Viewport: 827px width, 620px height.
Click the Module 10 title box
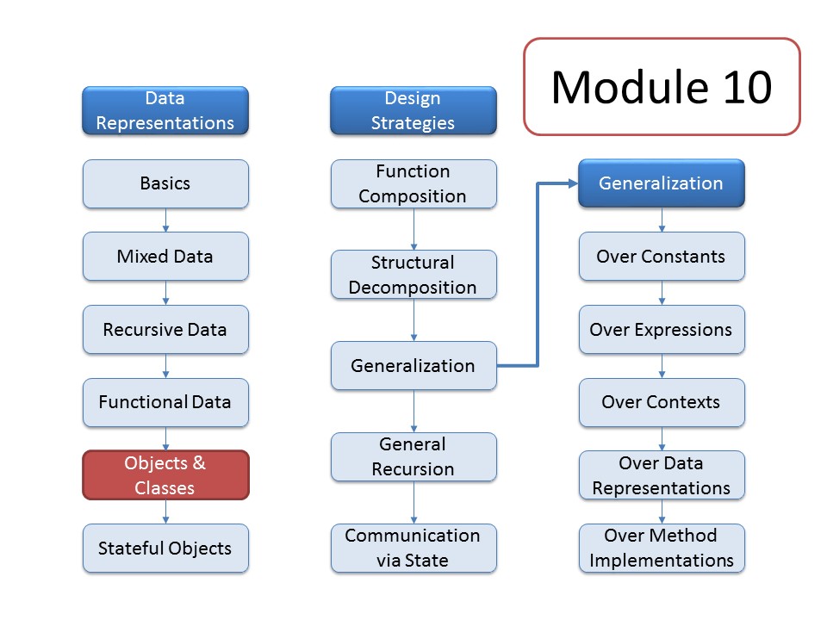(x=662, y=86)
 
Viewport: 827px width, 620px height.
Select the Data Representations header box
(x=165, y=110)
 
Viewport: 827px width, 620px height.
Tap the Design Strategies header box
(x=413, y=110)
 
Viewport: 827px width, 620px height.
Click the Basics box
(x=165, y=183)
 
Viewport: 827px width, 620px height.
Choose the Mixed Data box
(x=165, y=257)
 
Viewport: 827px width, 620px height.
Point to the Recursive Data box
(x=165, y=330)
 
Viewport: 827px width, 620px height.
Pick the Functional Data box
(x=165, y=402)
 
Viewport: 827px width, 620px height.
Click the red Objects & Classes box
(x=165, y=475)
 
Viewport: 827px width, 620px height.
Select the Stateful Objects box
(x=165, y=549)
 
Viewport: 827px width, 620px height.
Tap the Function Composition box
(x=413, y=183)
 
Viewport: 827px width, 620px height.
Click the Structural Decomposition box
(x=413, y=275)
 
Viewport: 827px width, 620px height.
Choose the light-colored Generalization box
(x=413, y=366)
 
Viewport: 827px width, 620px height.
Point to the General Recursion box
(x=413, y=456)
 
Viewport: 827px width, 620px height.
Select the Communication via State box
(x=413, y=549)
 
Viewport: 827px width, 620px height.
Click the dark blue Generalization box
(x=662, y=183)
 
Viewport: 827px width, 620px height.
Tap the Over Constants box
(x=662, y=257)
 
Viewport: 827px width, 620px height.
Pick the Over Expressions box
(x=662, y=330)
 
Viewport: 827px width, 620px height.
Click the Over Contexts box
(x=662, y=402)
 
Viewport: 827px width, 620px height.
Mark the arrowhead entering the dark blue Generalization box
(x=574, y=183)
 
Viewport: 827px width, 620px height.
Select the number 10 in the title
(x=748, y=87)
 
